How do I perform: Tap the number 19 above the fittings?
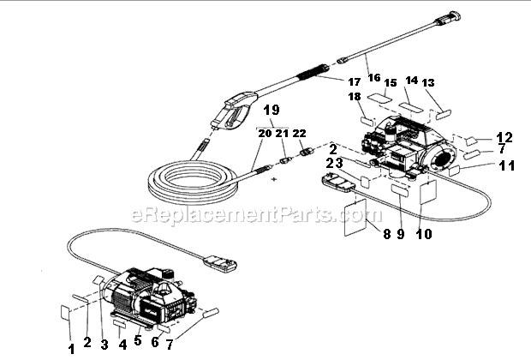(271, 111)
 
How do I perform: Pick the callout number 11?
(506, 165)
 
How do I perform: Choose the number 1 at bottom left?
(71, 348)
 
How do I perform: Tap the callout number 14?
(411, 81)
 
